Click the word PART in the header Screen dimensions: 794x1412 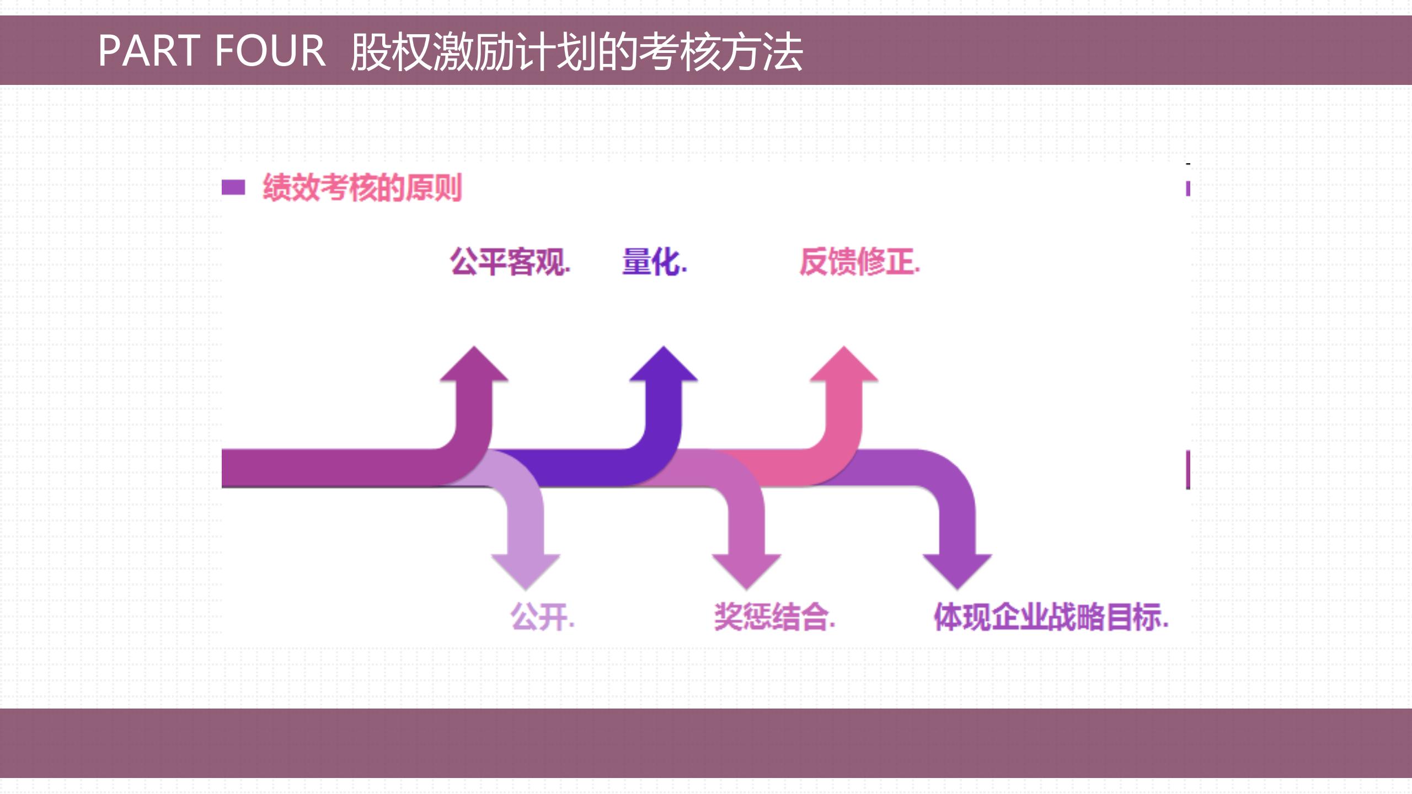(x=149, y=51)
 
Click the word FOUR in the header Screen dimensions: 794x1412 (x=270, y=51)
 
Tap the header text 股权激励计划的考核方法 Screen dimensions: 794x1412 (x=576, y=52)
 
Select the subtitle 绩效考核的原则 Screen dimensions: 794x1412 (x=362, y=188)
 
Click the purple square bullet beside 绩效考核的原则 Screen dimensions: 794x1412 (x=233, y=187)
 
